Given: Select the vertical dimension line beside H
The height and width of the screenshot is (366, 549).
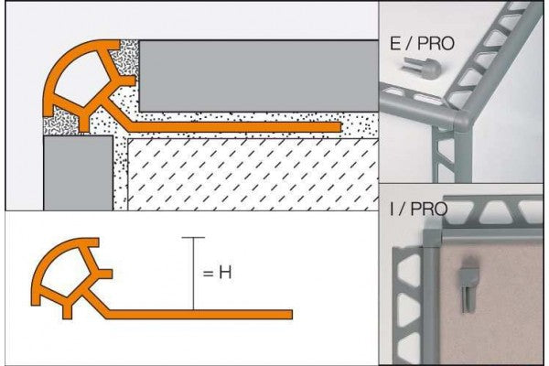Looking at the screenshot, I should coord(193,274).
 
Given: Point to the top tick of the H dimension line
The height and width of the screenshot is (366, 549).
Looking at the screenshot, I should coord(193,238).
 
